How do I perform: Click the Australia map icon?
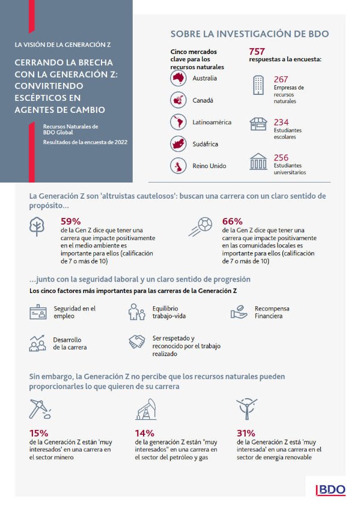tap(178, 78)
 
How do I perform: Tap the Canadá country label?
tap(203, 100)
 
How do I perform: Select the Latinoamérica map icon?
tap(178, 122)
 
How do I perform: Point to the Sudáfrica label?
tap(205, 144)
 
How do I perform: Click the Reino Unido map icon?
tap(178, 166)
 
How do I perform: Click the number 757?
tap(257, 52)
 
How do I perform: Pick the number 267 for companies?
tap(281, 79)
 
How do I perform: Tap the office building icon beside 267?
tap(258, 85)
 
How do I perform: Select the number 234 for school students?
tap(281, 122)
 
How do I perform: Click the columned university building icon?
tap(258, 162)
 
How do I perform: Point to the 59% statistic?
tap(70, 222)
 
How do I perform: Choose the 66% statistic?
tap(232, 222)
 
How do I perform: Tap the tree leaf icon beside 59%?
tap(37, 226)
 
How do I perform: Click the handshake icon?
tap(137, 342)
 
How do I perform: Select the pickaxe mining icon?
tap(40, 409)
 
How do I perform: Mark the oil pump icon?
tap(146, 410)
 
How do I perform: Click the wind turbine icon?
tap(247, 409)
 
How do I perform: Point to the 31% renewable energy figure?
tap(246, 433)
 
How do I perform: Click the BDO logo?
tap(331, 490)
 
